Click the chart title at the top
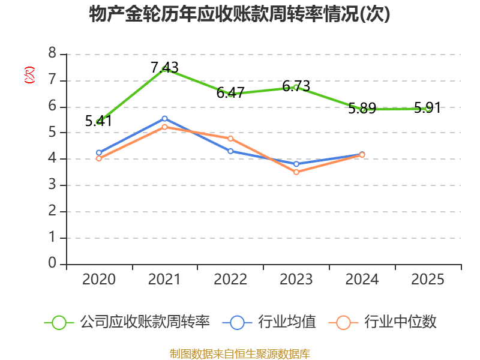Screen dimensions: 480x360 point(239,14)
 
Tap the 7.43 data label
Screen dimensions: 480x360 point(164,67)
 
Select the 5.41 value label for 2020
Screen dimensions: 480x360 point(98,121)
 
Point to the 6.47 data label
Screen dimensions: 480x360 point(230,92)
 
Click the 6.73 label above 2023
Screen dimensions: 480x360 point(296,86)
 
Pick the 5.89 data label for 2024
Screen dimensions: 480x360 point(362,108)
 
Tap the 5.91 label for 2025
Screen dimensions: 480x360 point(428,107)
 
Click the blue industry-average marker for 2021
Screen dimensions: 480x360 point(164,118)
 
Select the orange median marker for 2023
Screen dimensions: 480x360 point(296,172)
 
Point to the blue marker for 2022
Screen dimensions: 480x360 point(230,151)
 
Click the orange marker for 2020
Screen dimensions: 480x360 point(98,158)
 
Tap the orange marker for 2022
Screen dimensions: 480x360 point(230,139)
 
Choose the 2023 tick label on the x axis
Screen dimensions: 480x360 point(296,279)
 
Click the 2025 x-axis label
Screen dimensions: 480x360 point(428,279)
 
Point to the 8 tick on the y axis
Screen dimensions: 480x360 point(52,53)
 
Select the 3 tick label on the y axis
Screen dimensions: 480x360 point(52,184)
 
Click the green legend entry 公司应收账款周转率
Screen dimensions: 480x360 point(127,322)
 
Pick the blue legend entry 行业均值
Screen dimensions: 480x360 point(269,322)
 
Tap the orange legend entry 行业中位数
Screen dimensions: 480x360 point(382,322)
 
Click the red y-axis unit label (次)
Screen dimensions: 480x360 point(29,74)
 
